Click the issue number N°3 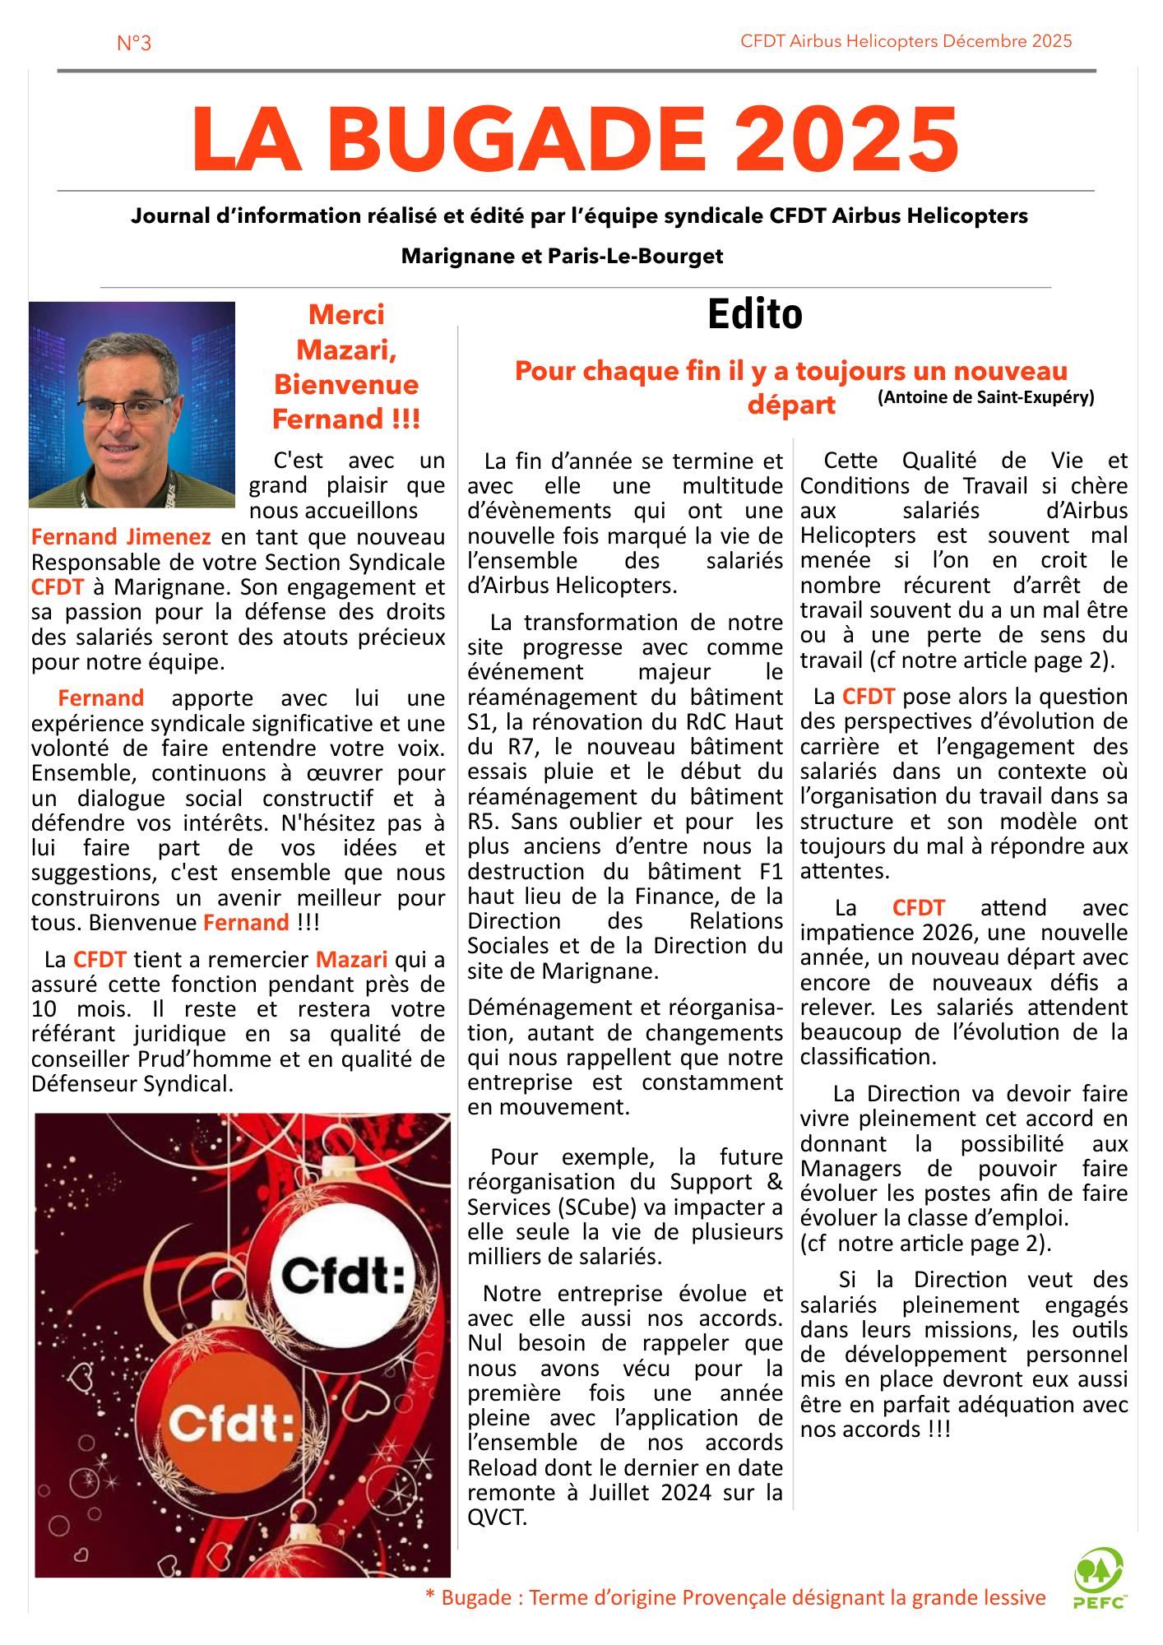[x=134, y=43]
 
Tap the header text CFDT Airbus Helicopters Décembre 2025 [x=906, y=41]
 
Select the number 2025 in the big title [x=846, y=139]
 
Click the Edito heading [x=754, y=313]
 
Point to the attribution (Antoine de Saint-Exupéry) [x=985, y=397]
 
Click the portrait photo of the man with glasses [x=132, y=405]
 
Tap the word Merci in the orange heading [x=346, y=315]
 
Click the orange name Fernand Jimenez [x=121, y=537]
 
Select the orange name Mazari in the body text [x=351, y=960]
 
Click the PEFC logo [x=1099, y=1578]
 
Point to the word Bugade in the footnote [x=476, y=1597]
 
